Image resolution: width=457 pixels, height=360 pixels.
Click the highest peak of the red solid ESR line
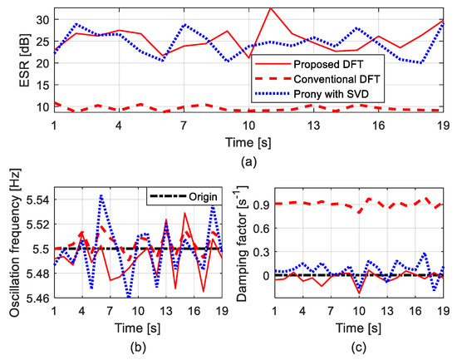[x=270, y=7]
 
